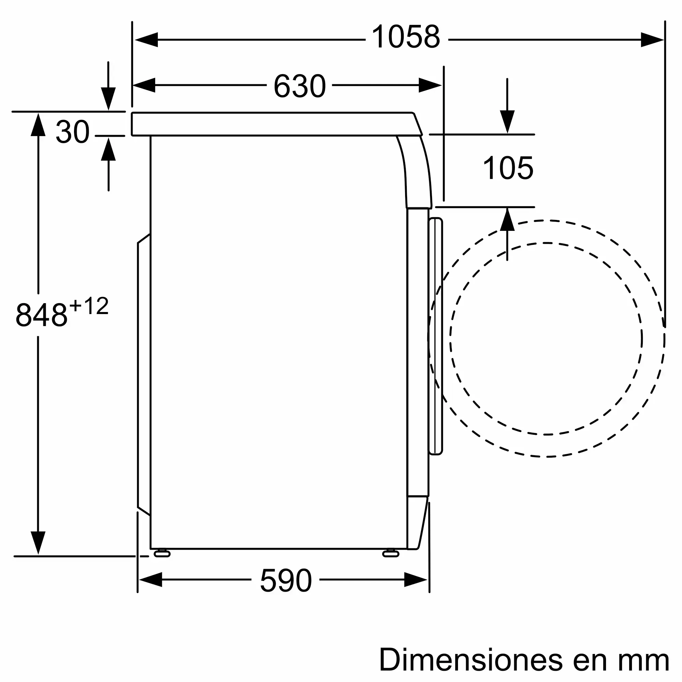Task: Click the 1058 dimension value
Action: coord(406,37)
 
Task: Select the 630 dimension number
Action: coord(300,86)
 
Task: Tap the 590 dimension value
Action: coord(286,581)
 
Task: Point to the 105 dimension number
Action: coord(508,168)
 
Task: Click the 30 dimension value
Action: coord(73,132)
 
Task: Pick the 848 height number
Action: coord(42,315)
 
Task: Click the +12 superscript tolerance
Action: coord(89,306)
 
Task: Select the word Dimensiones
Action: coord(471,659)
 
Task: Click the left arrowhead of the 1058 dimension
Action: coord(146,40)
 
